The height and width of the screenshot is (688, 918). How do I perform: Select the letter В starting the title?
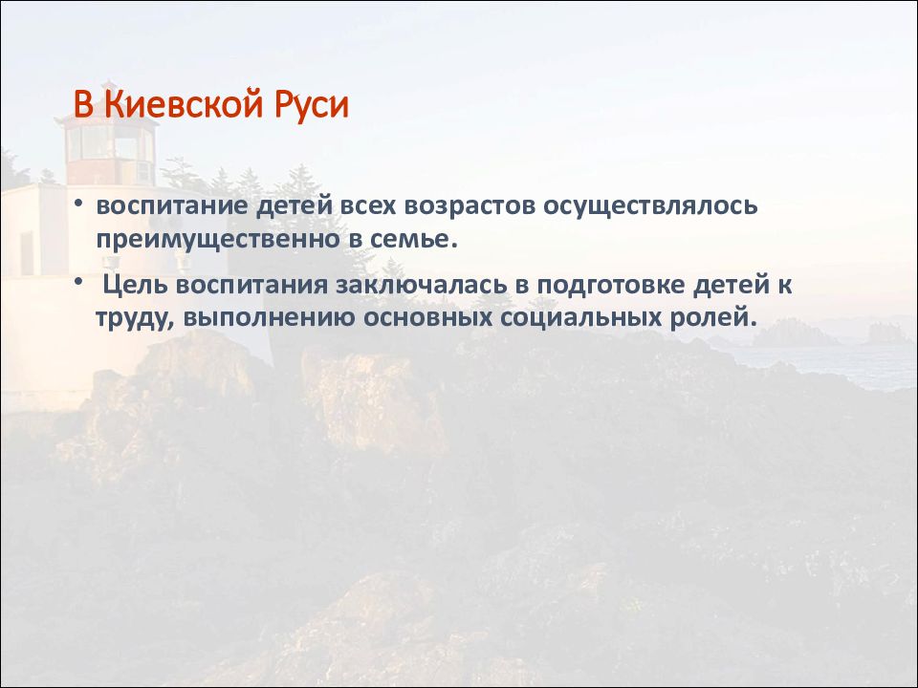83,104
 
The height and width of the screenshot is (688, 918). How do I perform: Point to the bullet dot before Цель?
78,283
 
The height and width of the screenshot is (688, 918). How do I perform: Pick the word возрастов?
470,207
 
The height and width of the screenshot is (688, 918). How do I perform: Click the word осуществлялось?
650,207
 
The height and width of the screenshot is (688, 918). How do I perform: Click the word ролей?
713,319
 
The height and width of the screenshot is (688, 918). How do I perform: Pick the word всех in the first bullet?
369,207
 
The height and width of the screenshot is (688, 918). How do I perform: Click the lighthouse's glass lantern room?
109,143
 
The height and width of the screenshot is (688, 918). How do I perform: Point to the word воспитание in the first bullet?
171,207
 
